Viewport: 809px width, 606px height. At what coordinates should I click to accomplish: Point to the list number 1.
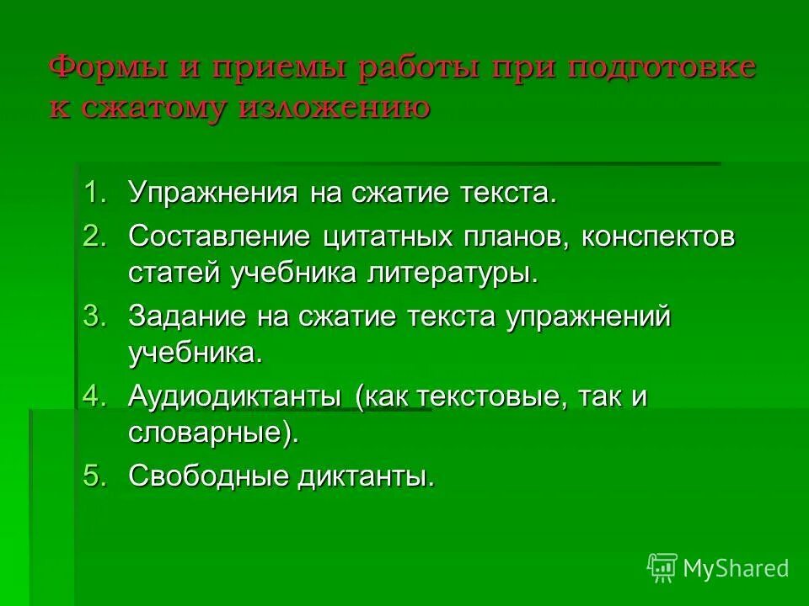tap(94, 192)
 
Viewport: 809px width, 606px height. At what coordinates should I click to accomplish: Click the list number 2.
tap(94, 237)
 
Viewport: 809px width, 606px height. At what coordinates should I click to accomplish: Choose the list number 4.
tap(94, 396)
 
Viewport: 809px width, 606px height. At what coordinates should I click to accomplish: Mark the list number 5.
tap(94, 476)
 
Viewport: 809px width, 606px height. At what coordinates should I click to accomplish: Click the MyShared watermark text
tap(736, 568)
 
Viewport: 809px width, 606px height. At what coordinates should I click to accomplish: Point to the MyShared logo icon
tap(662, 567)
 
